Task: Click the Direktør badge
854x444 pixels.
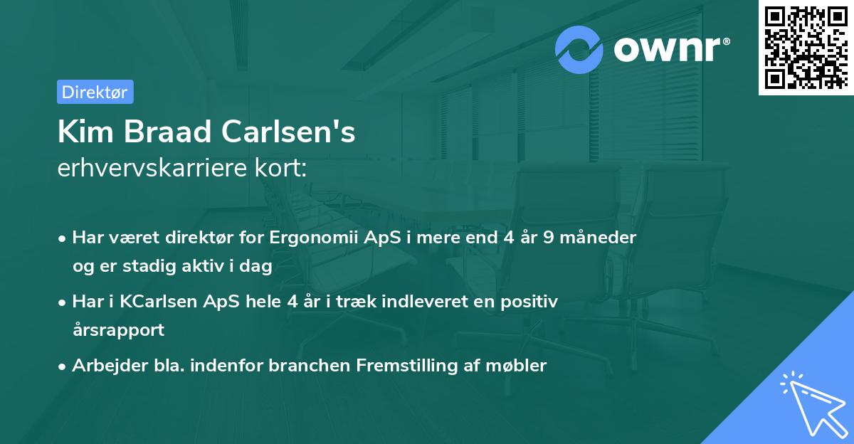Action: point(95,92)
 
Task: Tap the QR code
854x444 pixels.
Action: point(806,47)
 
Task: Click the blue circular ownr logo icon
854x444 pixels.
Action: point(579,50)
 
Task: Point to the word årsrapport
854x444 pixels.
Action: point(118,330)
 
